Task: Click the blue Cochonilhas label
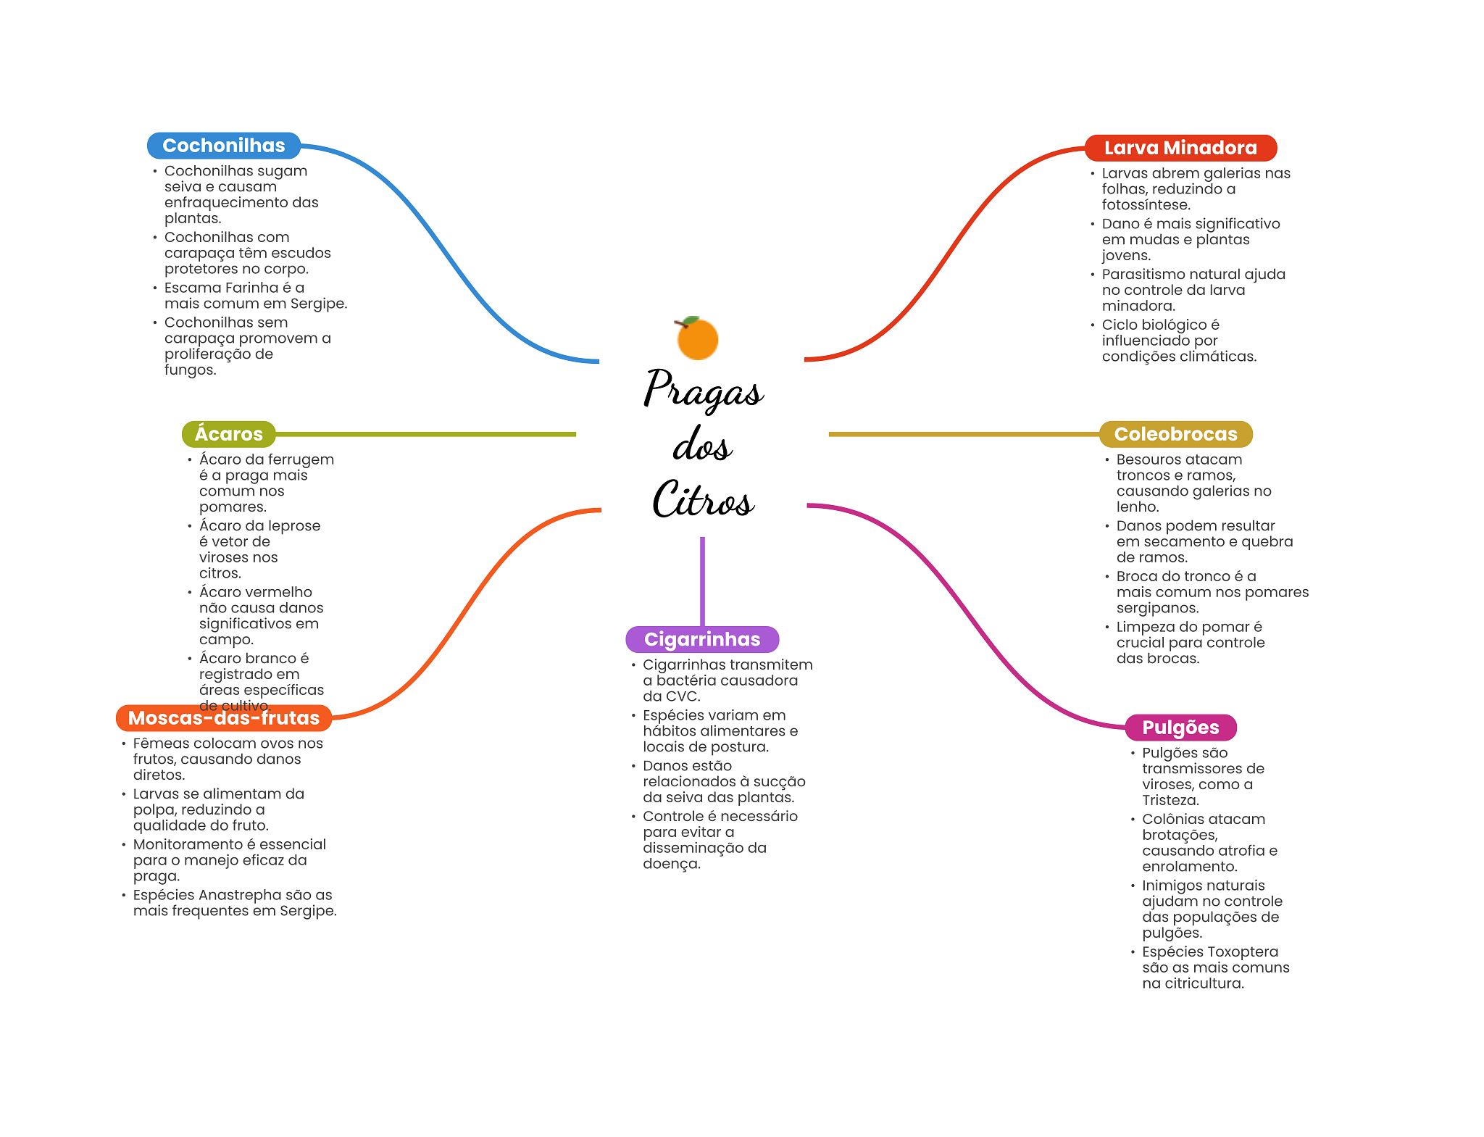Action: point(224,146)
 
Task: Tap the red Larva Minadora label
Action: point(1180,148)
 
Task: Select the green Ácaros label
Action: point(229,434)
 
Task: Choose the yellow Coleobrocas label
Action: point(1175,434)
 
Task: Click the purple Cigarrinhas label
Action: point(702,639)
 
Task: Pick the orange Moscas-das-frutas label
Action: point(224,718)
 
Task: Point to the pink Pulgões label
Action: point(1180,728)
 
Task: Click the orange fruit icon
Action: point(697,338)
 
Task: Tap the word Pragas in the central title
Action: point(703,390)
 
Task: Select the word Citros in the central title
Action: point(703,499)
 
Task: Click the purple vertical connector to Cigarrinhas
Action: point(702,581)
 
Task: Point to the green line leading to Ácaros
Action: point(426,434)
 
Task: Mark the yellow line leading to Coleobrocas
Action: point(964,434)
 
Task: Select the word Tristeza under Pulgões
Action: point(1170,800)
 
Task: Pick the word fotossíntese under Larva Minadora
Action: point(1146,205)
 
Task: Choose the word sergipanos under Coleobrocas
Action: point(1157,608)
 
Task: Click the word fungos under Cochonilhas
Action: point(190,370)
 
